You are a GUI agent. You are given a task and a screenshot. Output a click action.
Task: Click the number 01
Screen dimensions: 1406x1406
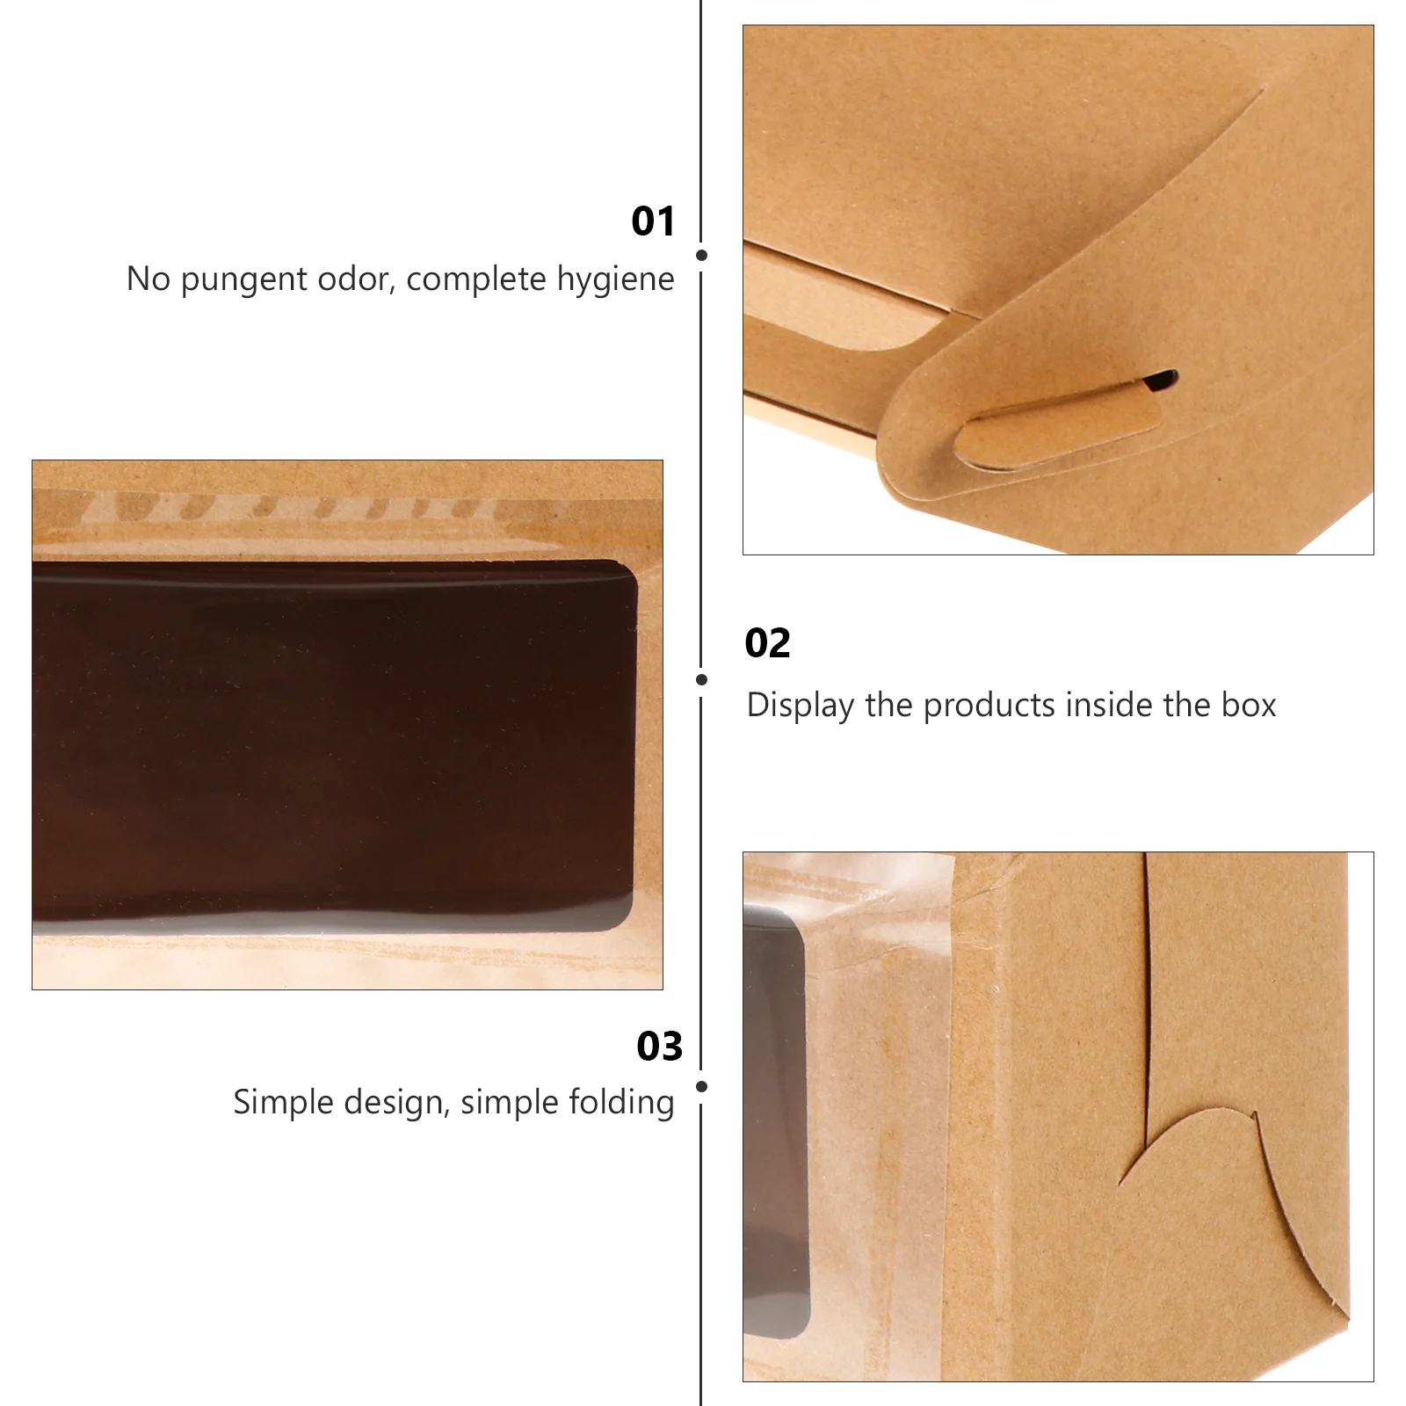coord(653,221)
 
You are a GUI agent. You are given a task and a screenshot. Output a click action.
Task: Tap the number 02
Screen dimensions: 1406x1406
coord(767,643)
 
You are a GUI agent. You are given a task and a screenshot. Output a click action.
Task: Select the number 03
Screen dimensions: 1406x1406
coord(659,1047)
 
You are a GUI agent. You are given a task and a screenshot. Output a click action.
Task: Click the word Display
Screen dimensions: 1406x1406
coord(800,706)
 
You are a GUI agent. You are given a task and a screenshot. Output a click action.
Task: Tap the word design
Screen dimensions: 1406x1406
coord(396,1103)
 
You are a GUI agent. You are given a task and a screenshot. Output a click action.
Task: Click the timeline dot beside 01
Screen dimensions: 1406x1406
coord(701,255)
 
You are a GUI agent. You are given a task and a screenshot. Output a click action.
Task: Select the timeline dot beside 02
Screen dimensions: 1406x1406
coord(701,679)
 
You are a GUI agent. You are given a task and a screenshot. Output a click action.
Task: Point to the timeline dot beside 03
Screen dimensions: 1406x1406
coord(701,1086)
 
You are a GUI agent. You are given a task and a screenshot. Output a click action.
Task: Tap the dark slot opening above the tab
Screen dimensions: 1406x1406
coord(1160,380)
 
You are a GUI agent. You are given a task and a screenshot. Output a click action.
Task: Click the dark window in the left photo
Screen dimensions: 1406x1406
coord(334,745)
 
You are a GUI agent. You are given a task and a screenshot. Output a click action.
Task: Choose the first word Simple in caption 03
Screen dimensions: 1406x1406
coord(284,1103)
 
